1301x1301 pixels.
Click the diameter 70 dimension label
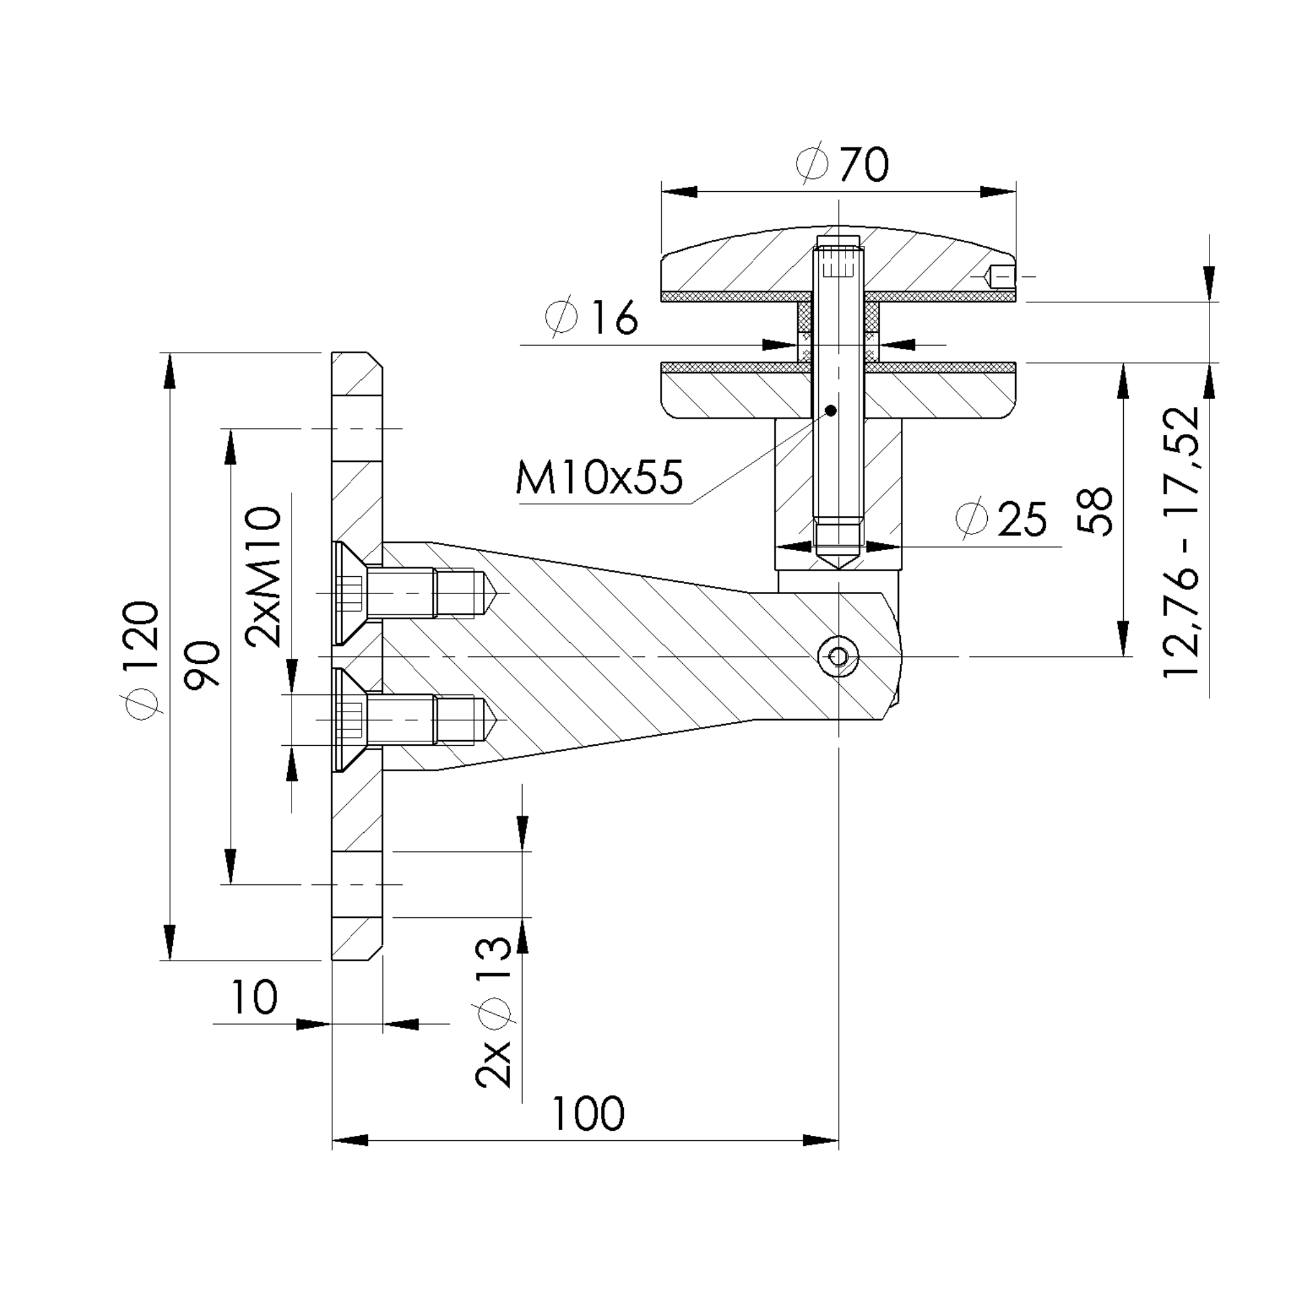(x=842, y=164)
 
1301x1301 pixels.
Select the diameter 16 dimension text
(x=591, y=317)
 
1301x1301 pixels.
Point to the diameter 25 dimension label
(x=1001, y=519)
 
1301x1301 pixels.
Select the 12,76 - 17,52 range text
(x=1182, y=541)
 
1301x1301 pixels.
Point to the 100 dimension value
(x=588, y=1114)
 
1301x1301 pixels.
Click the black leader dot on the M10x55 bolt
(x=830, y=410)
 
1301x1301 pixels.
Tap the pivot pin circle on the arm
(x=839, y=656)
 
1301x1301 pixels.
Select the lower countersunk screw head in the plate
(x=349, y=719)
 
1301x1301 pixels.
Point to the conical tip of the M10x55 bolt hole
(x=839, y=561)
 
